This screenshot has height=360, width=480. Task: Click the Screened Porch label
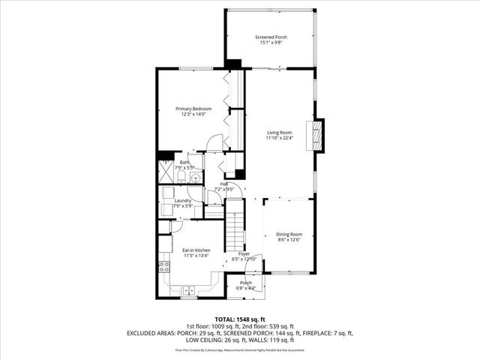(271, 37)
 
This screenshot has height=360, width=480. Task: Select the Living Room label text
(278, 133)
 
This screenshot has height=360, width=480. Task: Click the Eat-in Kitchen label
(196, 250)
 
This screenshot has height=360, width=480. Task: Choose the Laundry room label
(183, 200)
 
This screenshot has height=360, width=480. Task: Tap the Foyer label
(244, 253)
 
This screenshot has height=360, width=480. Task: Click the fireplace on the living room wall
(318, 136)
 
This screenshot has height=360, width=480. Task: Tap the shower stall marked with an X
(166, 172)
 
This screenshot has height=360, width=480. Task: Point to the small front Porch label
(245, 283)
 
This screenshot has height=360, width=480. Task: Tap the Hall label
(224, 184)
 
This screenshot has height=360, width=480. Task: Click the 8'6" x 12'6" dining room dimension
(288, 239)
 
